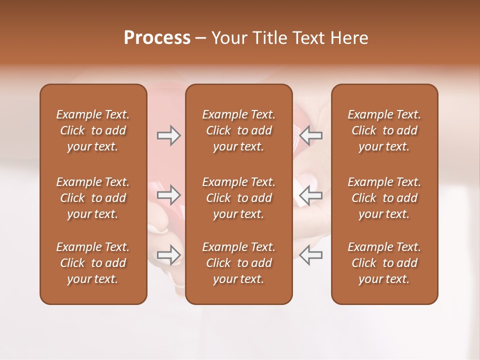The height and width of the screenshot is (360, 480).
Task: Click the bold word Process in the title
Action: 157,38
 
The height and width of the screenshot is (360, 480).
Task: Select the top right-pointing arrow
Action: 169,135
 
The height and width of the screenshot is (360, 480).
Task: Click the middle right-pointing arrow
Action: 169,195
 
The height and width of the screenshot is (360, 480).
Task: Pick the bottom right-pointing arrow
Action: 169,255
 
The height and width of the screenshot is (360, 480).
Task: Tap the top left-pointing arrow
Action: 310,135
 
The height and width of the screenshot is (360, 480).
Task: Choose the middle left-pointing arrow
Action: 310,195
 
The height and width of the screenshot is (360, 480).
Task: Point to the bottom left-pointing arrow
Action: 310,255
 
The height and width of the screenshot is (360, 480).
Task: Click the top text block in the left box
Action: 93,130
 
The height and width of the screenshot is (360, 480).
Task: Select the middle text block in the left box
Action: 93,198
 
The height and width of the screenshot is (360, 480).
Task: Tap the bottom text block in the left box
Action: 93,263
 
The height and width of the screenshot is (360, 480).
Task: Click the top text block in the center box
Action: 238,130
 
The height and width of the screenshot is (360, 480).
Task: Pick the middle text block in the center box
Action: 238,198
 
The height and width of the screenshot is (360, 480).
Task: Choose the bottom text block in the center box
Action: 238,263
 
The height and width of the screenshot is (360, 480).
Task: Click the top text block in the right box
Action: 384,130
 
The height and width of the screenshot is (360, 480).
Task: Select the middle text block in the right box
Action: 384,198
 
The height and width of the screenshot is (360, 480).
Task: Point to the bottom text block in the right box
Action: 384,263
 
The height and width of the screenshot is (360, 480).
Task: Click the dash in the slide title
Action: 201,38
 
